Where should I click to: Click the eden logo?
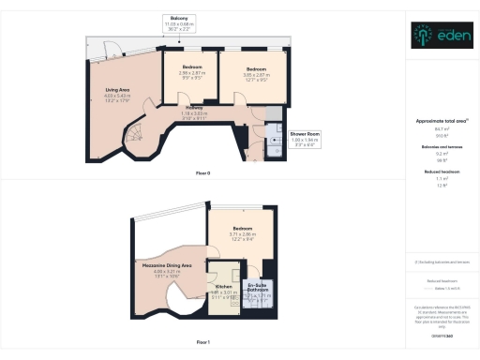[440, 35]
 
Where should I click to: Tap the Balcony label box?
[179, 23]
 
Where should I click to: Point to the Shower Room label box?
[305, 140]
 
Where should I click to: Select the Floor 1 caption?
[202, 343]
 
